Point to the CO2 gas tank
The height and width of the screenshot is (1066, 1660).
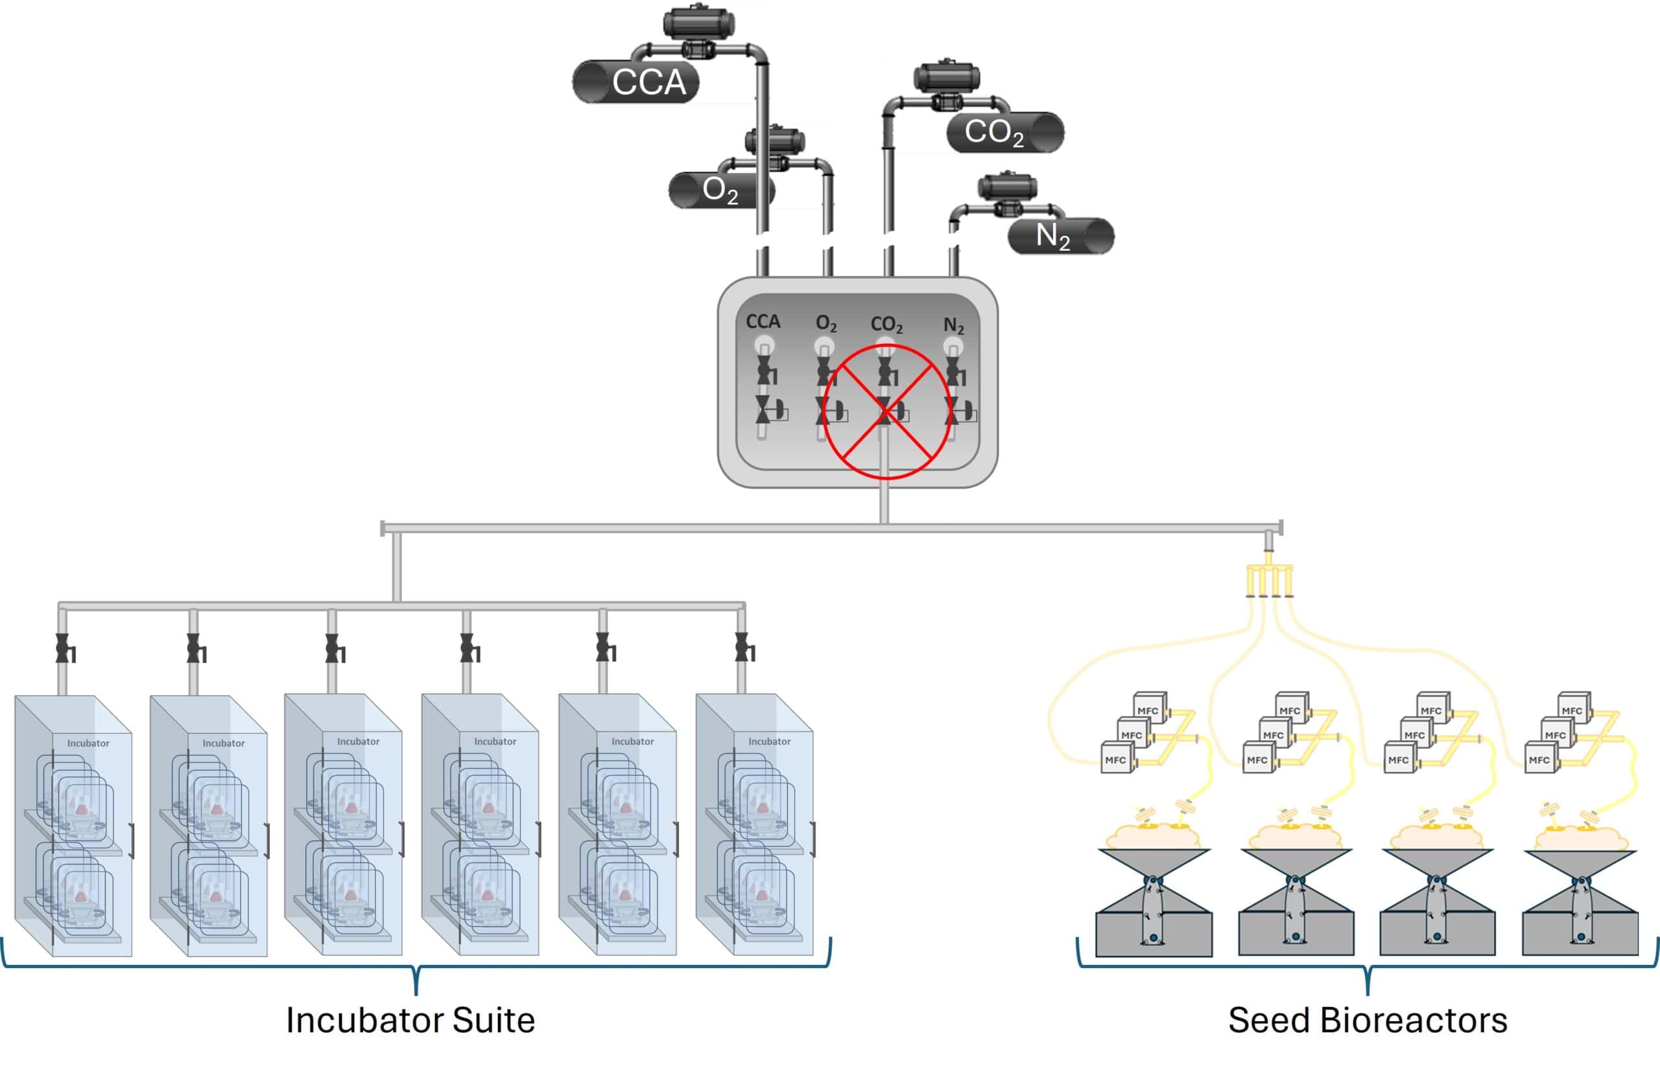tap(1004, 132)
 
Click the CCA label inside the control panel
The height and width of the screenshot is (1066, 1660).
tap(763, 322)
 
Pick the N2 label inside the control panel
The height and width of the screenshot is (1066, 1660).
tap(954, 325)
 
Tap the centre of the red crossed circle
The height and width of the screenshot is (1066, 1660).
tap(886, 412)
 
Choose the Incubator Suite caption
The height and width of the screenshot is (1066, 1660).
tap(410, 1020)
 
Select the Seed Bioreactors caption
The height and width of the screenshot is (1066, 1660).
tap(1368, 1020)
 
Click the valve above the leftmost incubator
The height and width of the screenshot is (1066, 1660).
tap(63, 649)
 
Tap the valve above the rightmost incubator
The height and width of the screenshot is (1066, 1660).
tap(742, 648)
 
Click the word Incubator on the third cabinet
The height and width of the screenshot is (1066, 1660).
tap(358, 741)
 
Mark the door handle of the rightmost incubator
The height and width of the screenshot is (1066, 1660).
tap(813, 839)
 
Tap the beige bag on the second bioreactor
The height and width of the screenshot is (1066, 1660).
tap(1294, 837)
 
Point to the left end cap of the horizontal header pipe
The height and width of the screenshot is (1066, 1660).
tap(383, 529)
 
